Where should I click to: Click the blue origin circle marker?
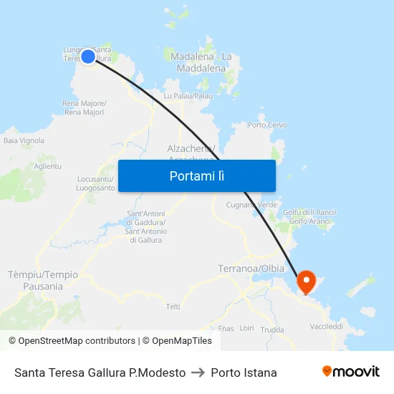[88, 57]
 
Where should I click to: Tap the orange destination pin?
[306, 280]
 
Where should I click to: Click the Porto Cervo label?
[266, 125]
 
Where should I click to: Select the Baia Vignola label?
[24, 140]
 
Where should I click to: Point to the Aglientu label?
[47, 166]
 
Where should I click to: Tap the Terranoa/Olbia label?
[250, 269]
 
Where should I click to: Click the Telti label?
[173, 306]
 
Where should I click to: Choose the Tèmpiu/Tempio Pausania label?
[42, 280]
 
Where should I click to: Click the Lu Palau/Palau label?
[188, 95]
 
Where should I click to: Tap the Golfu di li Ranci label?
[309, 216]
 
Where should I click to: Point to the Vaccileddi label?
[327, 326]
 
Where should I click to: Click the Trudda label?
[272, 330]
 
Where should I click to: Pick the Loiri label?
[247, 327]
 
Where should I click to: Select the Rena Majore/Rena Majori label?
[85, 107]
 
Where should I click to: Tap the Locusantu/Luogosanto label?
[95, 183]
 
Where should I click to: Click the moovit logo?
[350, 372]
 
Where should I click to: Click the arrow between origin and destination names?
[198, 373]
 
